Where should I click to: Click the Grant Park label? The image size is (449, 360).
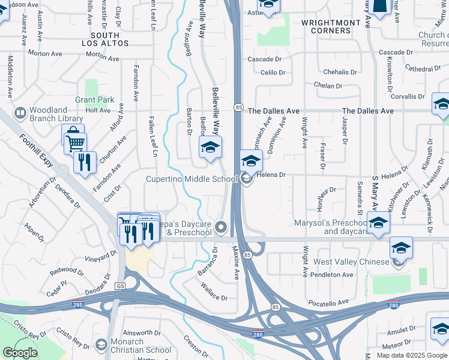(x=94, y=100)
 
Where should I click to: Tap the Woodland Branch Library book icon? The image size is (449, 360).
(x=20, y=113)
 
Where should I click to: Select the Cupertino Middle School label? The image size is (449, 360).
(x=192, y=179)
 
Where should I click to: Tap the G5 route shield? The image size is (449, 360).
(x=121, y=286)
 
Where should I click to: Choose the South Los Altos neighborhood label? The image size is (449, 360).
(x=104, y=40)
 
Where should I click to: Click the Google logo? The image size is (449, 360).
(x=20, y=353)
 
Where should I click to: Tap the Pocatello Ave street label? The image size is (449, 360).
(x=327, y=302)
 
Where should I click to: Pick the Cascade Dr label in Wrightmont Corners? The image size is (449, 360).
(x=265, y=59)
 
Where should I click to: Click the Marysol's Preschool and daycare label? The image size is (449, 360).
(x=330, y=226)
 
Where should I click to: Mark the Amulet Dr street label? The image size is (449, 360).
(x=400, y=332)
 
